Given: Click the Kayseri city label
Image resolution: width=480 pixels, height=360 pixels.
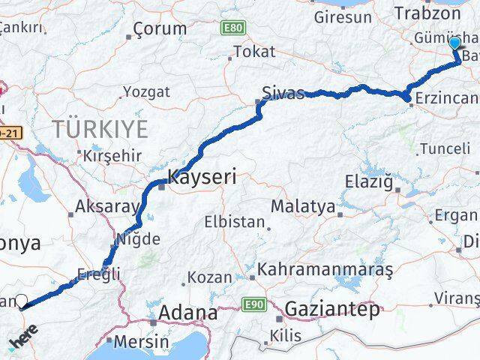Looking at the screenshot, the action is point(201,178).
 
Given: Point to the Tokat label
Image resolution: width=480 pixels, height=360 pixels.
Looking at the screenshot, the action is point(254,52).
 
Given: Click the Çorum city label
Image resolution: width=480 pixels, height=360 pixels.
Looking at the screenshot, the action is point(159,29).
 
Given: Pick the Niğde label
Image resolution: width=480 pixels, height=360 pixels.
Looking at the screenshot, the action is point(136,240).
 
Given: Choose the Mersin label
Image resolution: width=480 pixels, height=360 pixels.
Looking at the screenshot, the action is point(142,341).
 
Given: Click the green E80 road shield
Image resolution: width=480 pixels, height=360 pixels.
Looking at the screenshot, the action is point(233,28).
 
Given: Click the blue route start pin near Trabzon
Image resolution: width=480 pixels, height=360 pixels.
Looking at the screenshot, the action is point(454,43).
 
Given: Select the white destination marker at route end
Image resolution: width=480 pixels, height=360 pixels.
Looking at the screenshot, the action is point(21,301).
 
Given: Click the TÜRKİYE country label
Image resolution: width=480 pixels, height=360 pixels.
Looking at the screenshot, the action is point(100,129).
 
